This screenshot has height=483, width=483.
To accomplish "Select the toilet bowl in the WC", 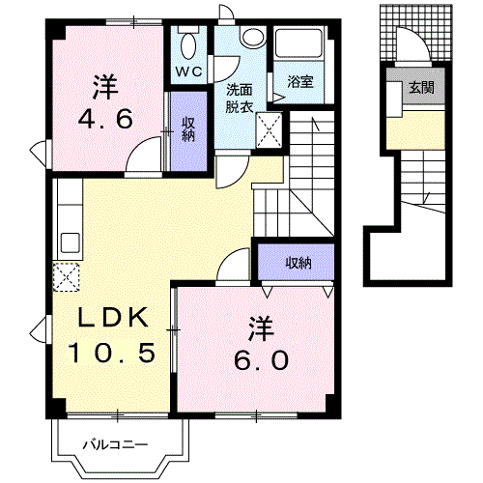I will point(187,43).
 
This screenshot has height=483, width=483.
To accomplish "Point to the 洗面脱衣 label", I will point(240,98).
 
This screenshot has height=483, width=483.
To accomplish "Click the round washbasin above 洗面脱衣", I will point(252,38).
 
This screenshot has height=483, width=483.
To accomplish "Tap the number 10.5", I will point(111,353).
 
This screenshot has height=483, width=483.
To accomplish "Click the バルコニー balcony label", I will point(114,445).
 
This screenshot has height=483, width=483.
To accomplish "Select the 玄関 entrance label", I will point(420,87).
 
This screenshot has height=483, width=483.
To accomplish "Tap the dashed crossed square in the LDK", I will point(67,276).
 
